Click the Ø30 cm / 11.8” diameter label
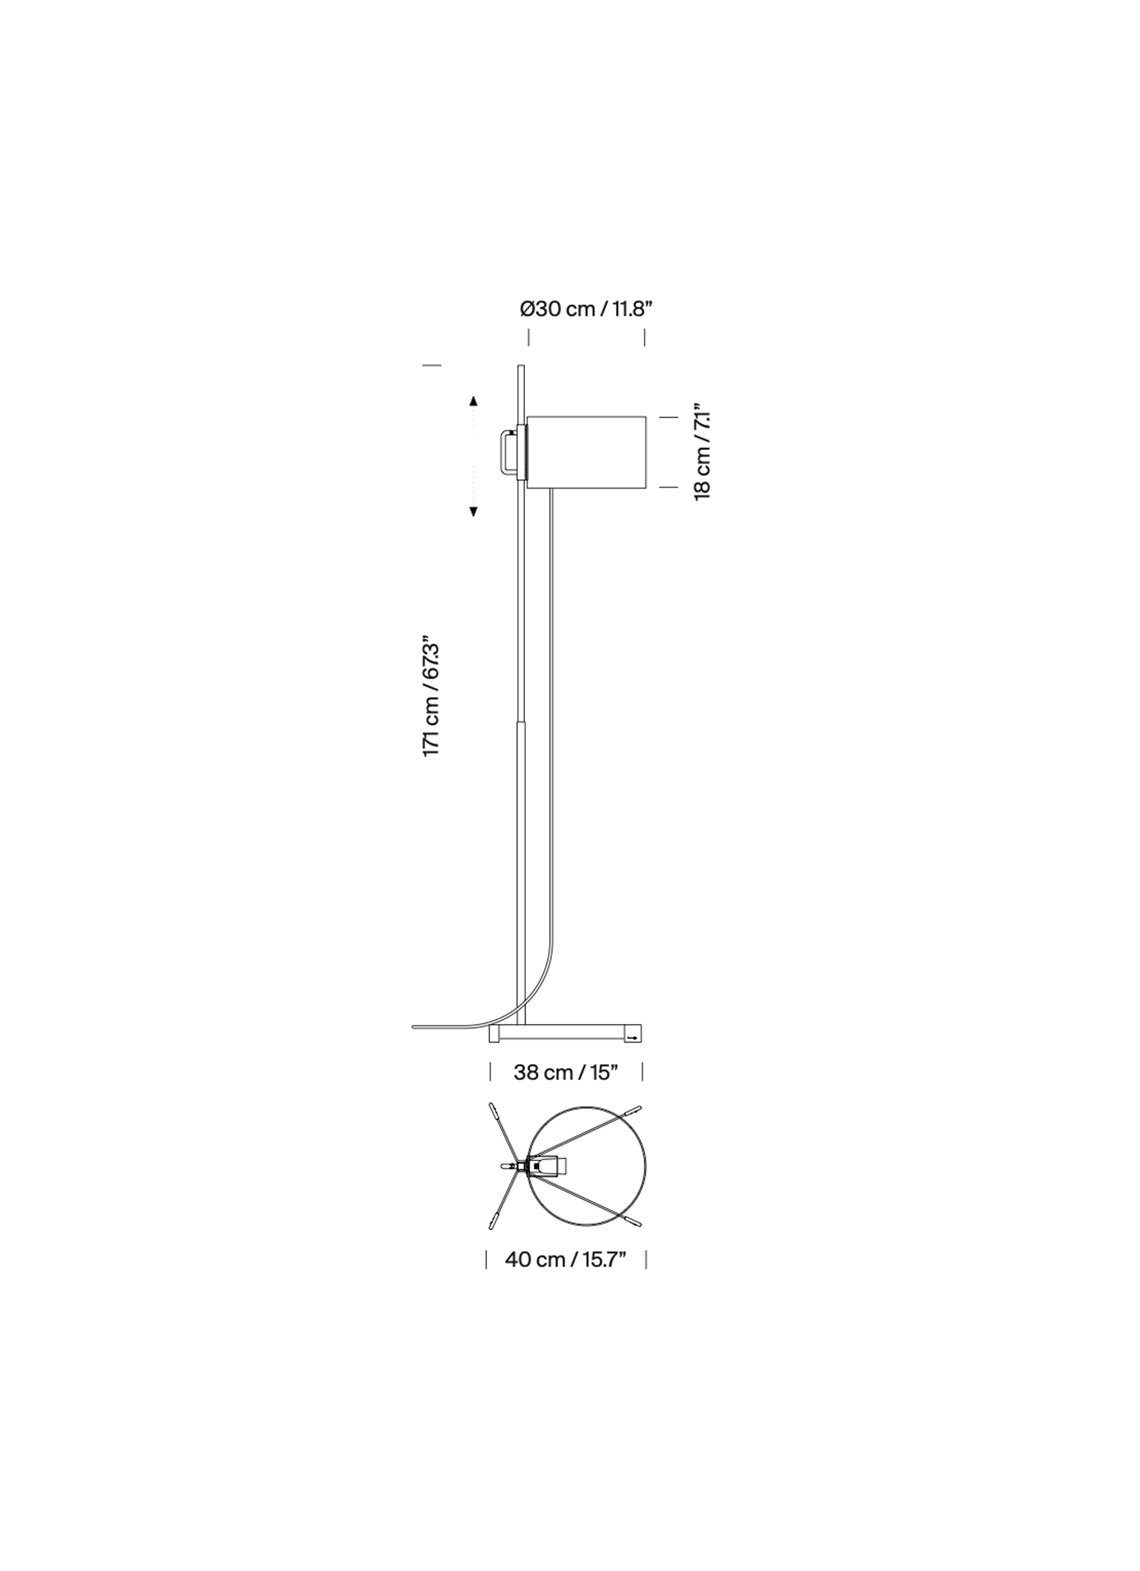coord(586,309)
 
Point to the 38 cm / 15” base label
coord(565,1072)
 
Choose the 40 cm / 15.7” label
coord(565,1259)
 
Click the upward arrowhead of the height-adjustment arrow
coord(473,400)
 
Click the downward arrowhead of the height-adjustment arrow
coord(473,512)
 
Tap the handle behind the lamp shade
coord(509,453)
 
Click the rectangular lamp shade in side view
coord(586,453)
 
